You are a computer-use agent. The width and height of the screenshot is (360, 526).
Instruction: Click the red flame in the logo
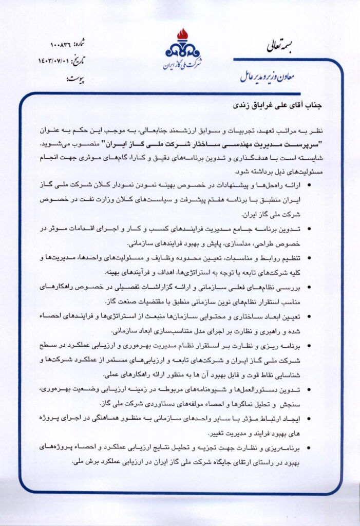pos(182,34)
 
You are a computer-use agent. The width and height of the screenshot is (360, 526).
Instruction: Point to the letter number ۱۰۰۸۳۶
pos(63,44)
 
